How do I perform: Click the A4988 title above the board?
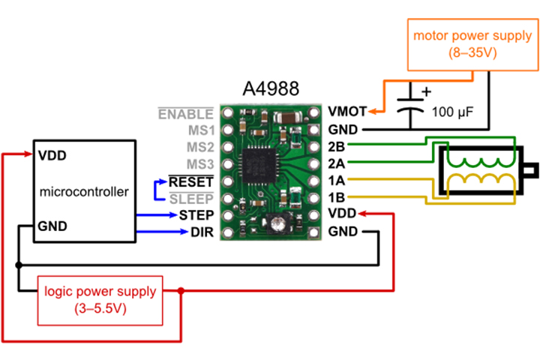coord(271,88)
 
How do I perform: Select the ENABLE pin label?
coord(185,113)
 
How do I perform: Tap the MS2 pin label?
coord(199,147)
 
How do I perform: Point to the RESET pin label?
coord(191,181)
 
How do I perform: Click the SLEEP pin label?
coord(191,199)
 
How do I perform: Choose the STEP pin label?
coord(195,216)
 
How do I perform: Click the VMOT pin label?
coord(347,112)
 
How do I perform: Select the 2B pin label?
coord(337,145)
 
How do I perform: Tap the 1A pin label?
coord(337,181)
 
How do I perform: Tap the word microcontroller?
coord(83,192)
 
